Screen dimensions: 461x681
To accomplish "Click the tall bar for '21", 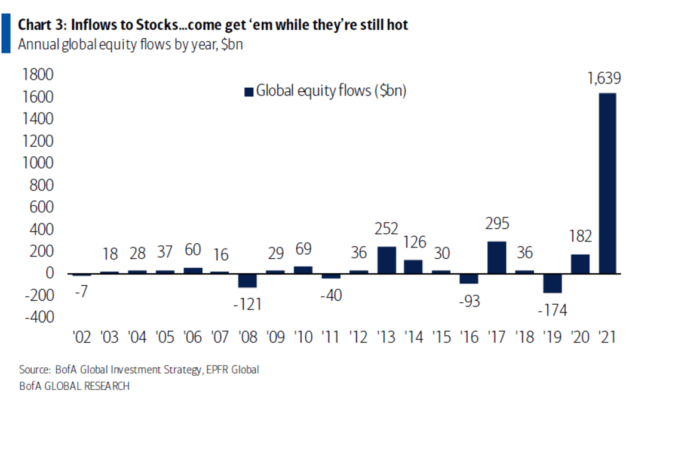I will click(x=607, y=183).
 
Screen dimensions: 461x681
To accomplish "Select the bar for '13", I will click(x=386, y=260).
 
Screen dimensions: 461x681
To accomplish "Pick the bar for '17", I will click(x=497, y=258).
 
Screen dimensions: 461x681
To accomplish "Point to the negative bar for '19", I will click(x=552, y=283).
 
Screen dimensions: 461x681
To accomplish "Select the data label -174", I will click(x=552, y=310).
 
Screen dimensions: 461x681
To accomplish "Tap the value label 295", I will click(x=497, y=224).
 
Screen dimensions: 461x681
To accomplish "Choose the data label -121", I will click(x=247, y=304).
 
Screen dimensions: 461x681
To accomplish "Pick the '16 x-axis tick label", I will click(x=470, y=337).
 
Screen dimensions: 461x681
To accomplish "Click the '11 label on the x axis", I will click(x=331, y=337).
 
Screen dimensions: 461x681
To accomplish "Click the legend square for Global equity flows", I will click(x=249, y=91).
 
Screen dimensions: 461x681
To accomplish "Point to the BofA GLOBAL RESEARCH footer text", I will click(x=74, y=386).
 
